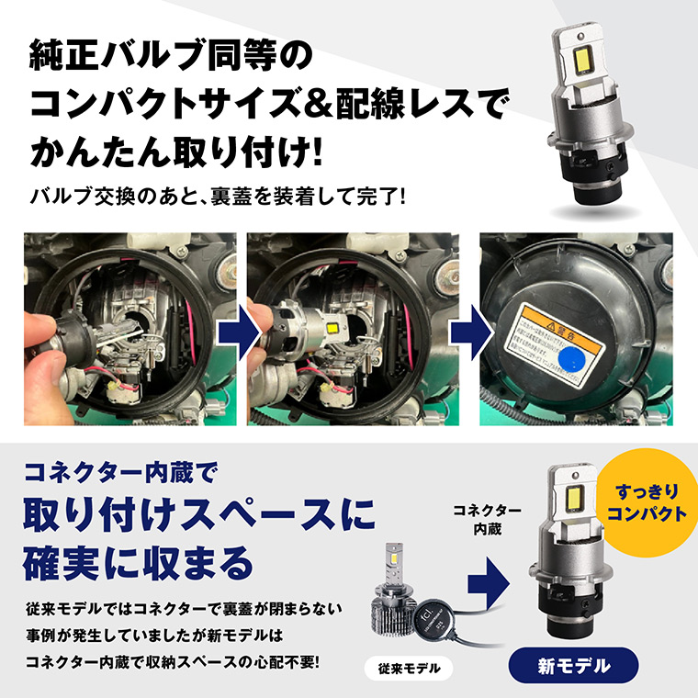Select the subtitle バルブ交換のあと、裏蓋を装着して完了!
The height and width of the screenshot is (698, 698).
coord(218,197)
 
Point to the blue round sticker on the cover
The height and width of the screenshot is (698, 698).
coord(569,353)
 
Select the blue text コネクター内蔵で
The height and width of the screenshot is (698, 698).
coord(119,477)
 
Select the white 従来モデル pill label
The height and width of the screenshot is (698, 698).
coord(409,669)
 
